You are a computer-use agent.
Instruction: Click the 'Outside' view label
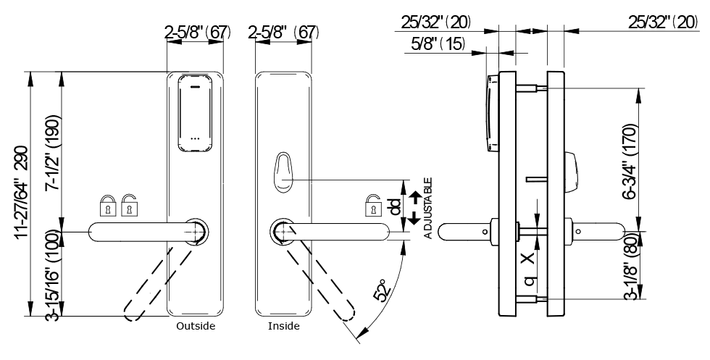[x=196, y=326]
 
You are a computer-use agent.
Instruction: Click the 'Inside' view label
[x=283, y=326]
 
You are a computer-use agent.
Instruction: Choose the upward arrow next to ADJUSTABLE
[x=414, y=195]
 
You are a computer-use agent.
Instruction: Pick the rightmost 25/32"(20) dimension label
[x=662, y=22]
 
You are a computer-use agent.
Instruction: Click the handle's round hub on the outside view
[x=196, y=230]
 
